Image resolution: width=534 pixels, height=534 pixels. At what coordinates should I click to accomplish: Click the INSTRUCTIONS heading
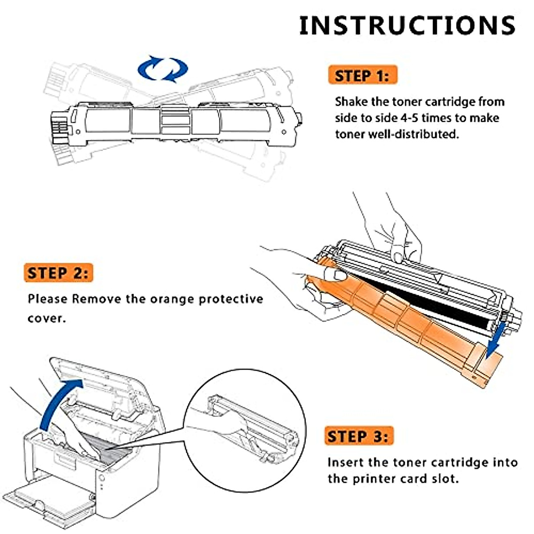pyautogui.click(x=407, y=25)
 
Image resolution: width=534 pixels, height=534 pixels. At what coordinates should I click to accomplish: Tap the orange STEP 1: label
pyautogui.click(x=362, y=76)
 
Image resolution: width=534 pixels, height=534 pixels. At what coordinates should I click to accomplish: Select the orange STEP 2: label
pyautogui.click(x=58, y=273)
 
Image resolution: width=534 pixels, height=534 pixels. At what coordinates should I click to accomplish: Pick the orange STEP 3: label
pyautogui.click(x=358, y=437)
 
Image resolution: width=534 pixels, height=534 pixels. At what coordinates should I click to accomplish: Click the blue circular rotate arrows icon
pyautogui.click(x=162, y=69)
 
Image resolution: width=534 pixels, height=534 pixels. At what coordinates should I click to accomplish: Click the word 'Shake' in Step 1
pyautogui.click(x=352, y=102)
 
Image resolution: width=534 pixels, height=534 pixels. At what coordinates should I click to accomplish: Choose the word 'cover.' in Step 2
pyautogui.click(x=46, y=319)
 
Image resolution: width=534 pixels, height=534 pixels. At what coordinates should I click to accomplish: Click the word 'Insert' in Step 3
pyautogui.click(x=345, y=463)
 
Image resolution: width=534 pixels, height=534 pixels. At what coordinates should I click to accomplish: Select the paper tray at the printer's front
pyautogui.click(x=49, y=498)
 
